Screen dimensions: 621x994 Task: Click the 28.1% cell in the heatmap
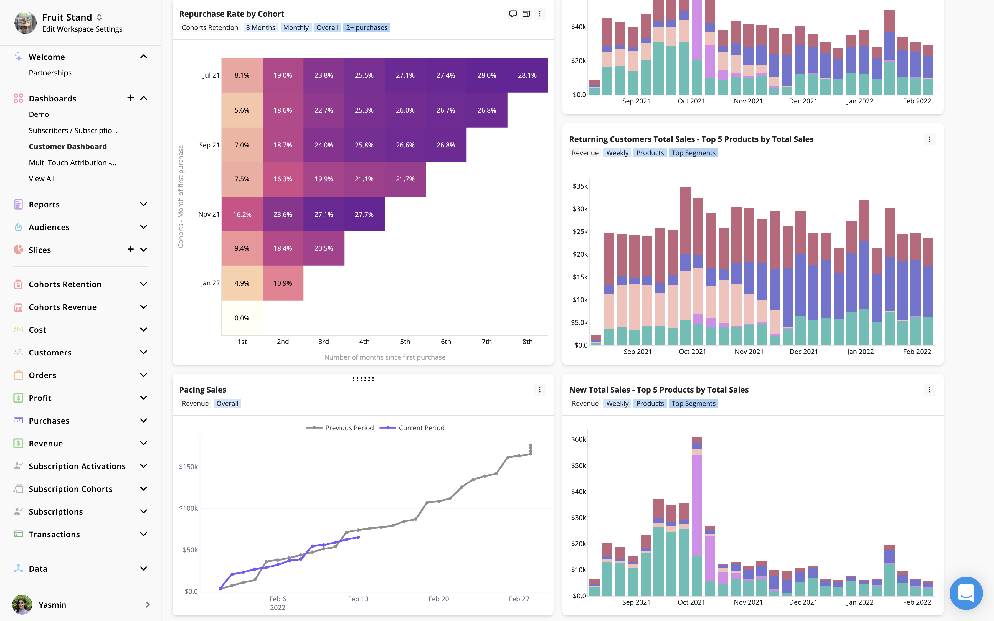(x=527, y=75)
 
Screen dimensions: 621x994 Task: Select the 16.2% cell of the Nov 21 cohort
(x=242, y=214)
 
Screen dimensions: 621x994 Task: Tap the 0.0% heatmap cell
(x=242, y=318)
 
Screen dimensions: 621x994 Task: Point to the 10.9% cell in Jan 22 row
(x=283, y=283)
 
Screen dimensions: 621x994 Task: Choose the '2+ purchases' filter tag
(x=366, y=27)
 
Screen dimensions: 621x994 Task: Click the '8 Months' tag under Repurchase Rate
(x=260, y=27)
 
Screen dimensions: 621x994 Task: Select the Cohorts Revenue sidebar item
(x=62, y=307)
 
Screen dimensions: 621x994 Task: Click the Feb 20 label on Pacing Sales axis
(x=438, y=599)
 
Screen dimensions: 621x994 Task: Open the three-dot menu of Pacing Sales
(x=540, y=390)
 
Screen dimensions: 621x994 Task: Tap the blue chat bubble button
(x=966, y=593)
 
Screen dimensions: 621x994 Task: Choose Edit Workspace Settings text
(x=82, y=29)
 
